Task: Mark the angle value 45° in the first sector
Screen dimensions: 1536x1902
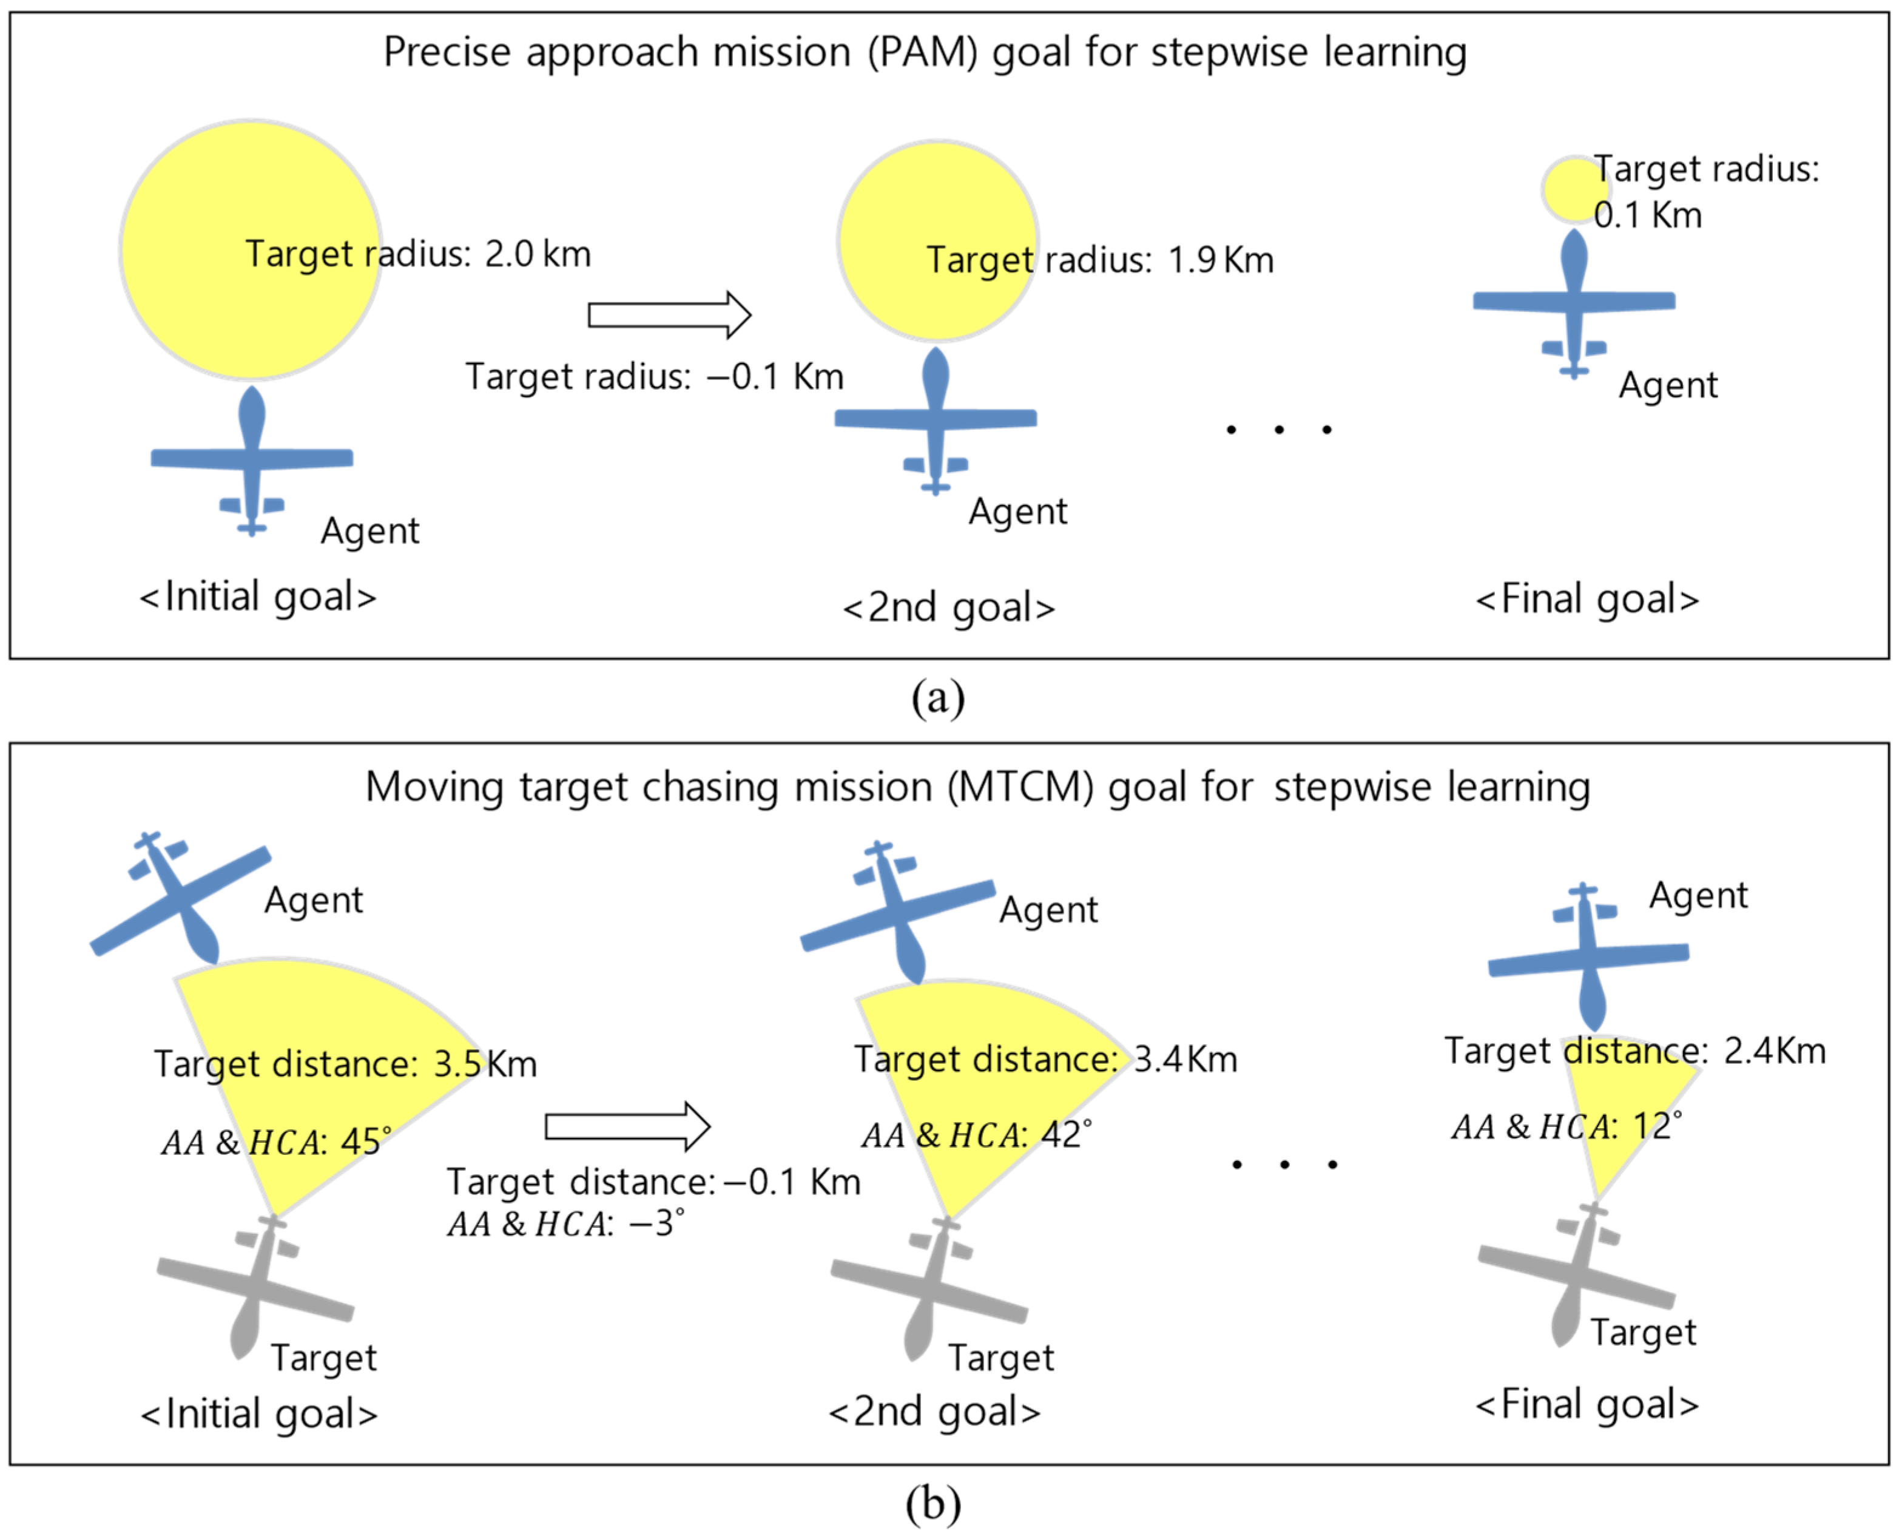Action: click(365, 1142)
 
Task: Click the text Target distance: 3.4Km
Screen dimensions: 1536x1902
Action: click(1045, 1059)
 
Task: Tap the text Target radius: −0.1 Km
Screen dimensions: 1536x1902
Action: click(654, 377)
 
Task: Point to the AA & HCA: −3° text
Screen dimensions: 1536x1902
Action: click(565, 1223)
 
